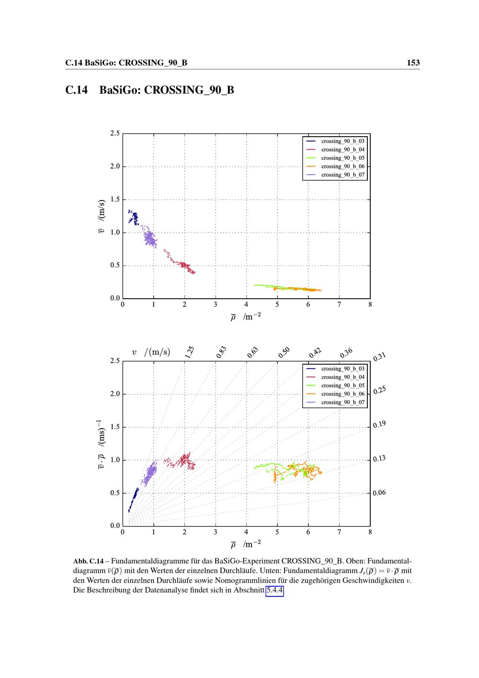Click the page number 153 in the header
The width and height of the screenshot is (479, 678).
click(413, 63)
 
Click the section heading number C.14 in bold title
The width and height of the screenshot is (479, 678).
click(77, 90)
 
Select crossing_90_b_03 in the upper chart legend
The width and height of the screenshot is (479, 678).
click(342, 141)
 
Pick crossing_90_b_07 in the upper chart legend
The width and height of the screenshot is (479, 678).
click(342, 175)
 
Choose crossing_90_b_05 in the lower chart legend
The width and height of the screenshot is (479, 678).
click(342, 386)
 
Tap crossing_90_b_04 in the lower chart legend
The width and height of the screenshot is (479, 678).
click(342, 377)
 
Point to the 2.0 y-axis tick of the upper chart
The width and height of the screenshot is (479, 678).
click(114, 166)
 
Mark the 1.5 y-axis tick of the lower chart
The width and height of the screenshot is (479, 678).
click(114, 427)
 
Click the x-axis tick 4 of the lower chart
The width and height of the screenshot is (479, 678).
click(246, 532)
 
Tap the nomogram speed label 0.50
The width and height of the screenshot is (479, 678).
click(284, 352)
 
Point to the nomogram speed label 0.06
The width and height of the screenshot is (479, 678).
click(379, 492)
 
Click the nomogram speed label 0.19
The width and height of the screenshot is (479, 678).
click(379, 424)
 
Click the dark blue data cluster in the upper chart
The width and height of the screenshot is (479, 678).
click(133, 218)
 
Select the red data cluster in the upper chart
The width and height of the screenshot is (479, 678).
click(182, 264)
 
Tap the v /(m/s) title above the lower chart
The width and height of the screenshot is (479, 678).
click(151, 352)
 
